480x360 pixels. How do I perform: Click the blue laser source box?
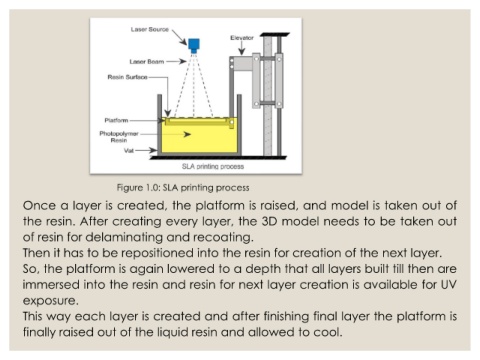point(194,45)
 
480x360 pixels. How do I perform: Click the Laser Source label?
point(150,29)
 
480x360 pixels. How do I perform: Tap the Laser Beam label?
point(147,62)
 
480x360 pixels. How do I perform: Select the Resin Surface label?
point(127,77)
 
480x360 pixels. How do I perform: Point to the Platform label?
point(116,120)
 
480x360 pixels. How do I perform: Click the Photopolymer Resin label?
point(119,137)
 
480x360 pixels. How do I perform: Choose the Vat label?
point(129,151)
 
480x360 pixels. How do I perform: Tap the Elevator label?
point(242,38)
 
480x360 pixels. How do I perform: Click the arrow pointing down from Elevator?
point(242,48)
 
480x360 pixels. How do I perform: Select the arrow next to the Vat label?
point(146,150)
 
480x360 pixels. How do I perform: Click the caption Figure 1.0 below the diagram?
point(183,188)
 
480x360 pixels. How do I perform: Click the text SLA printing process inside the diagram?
point(213,166)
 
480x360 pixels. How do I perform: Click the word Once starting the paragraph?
point(39,205)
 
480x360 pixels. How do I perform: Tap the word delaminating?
point(124,237)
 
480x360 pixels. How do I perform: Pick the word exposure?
point(50,301)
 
